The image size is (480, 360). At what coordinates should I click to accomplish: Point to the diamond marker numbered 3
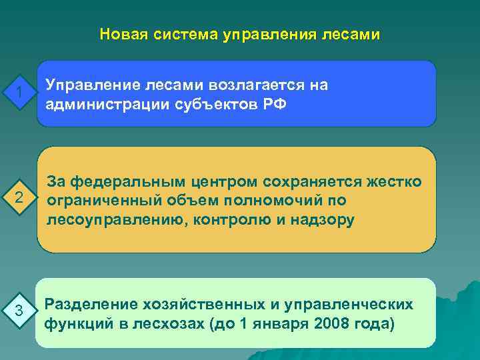(19, 311)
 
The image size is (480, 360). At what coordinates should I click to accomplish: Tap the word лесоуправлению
(106, 219)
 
